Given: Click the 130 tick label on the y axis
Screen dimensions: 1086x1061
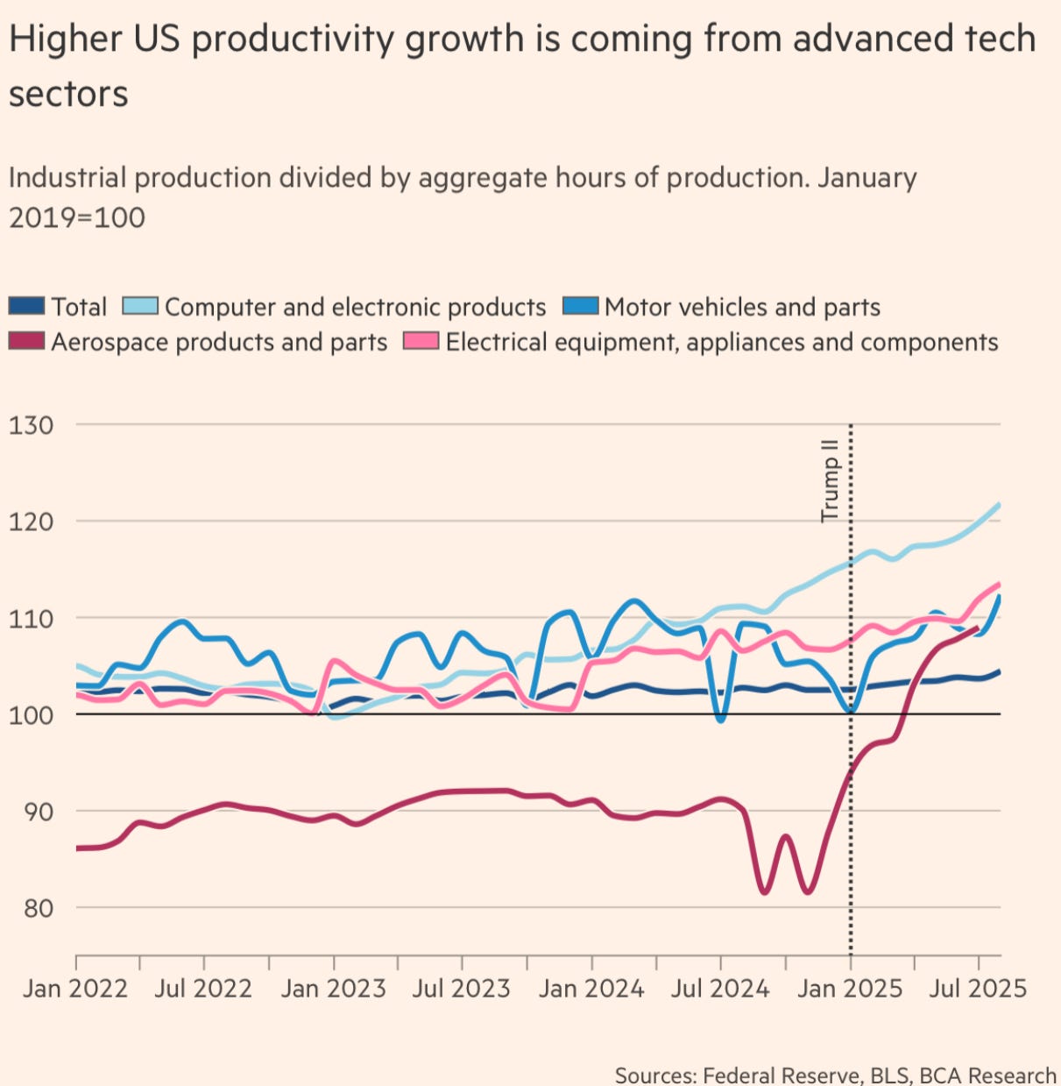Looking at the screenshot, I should click(x=32, y=425).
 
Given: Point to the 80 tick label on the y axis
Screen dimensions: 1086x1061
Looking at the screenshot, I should click(x=32, y=908).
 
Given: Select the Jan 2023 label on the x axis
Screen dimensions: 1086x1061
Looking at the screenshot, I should click(x=333, y=989).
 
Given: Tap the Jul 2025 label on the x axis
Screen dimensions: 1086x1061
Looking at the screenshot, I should click(x=978, y=989).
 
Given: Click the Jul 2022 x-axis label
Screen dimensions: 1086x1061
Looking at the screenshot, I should click(x=203, y=989).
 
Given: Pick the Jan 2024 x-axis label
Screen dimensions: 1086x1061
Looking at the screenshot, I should click(x=591, y=989).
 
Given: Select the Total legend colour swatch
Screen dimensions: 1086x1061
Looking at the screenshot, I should click(x=26, y=307).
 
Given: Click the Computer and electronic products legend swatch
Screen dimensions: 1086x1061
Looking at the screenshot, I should click(x=140, y=307).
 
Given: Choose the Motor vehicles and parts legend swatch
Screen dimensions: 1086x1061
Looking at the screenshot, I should click(x=580, y=307).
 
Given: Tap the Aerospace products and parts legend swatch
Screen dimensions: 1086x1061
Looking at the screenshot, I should click(x=26, y=342).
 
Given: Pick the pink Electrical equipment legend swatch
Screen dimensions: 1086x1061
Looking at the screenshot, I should click(x=421, y=342).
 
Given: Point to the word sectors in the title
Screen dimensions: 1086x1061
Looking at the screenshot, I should click(x=68, y=95).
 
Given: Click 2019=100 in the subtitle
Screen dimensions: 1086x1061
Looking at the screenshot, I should click(x=77, y=217).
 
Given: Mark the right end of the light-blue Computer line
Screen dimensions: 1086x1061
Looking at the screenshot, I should click(x=1000, y=504).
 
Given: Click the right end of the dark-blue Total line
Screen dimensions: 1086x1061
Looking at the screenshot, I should click(x=1000, y=671).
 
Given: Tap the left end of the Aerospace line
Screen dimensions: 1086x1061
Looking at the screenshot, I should click(x=77, y=848).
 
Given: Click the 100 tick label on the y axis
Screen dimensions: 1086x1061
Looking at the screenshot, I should click(x=32, y=714).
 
